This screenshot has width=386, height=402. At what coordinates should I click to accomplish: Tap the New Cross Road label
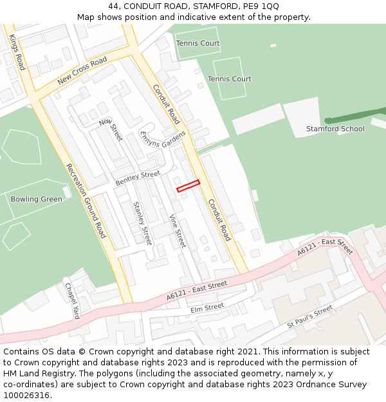(x=82, y=71)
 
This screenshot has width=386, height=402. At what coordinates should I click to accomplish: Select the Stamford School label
(x=335, y=129)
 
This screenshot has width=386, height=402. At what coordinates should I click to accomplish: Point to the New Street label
(x=111, y=129)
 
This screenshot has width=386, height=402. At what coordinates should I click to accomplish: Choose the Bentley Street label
(x=138, y=179)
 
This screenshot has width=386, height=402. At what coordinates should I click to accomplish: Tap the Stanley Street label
(x=142, y=223)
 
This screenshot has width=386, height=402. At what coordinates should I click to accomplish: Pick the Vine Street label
(x=177, y=231)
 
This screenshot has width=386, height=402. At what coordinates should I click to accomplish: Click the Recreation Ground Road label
(x=86, y=201)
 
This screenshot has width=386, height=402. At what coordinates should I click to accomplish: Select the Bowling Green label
(x=37, y=199)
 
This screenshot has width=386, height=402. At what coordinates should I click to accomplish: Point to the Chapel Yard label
(x=71, y=301)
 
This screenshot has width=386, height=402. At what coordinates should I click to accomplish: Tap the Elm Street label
(x=207, y=307)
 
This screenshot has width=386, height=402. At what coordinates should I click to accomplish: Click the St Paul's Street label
(x=310, y=317)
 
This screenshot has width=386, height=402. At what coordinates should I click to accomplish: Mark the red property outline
(x=188, y=186)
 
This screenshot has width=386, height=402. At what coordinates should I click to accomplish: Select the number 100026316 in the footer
(x=26, y=396)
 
